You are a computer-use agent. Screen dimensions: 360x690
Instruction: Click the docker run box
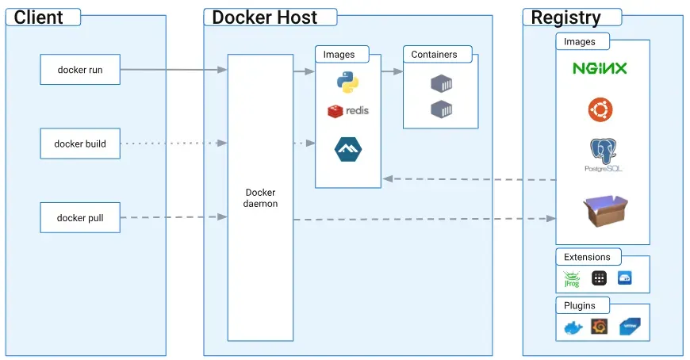point(80,70)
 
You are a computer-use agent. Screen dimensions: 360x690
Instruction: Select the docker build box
point(80,144)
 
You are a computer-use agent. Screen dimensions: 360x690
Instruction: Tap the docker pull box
point(80,217)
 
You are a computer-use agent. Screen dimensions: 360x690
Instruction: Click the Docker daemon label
point(260,197)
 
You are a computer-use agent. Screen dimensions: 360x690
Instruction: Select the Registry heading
point(565,17)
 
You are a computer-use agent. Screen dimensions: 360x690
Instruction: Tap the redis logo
point(348,111)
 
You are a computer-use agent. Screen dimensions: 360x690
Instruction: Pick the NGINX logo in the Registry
point(600,68)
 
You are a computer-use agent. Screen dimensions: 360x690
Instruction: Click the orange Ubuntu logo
point(600,109)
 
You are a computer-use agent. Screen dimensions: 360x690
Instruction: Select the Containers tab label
point(434,55)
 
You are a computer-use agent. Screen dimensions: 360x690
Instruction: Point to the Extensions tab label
point(587,257)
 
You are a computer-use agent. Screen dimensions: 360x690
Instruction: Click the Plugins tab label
point(581,305)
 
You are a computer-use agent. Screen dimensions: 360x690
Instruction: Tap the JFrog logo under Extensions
point(572,278)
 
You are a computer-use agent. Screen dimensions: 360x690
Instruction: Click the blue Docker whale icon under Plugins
point(573,327)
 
